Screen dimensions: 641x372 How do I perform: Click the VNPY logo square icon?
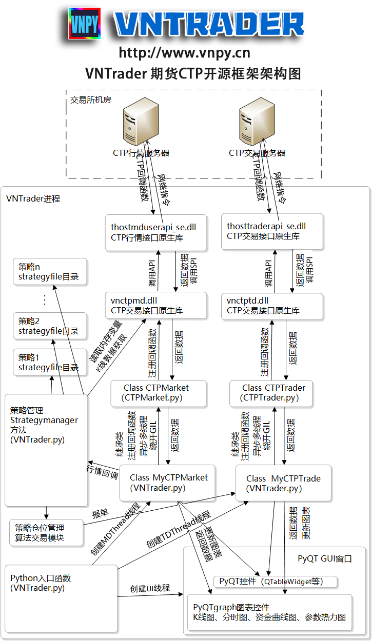pyautogui.click(x=85, y=24)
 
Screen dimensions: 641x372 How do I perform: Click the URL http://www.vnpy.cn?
pyautogui.click(x=185, y=53)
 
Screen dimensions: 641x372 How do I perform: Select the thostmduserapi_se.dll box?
pyautogui.click(x=156, y=232)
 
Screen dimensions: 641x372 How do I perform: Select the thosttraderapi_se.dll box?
pyautogui.click(x=272, y=232)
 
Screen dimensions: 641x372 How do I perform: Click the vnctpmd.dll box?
pyautogui.click(x=156, y=305)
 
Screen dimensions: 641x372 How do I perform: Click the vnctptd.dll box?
pyautogui.click(x=272, y=306)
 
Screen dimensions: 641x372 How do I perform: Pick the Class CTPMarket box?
pyautogui.click(x=159, y=393)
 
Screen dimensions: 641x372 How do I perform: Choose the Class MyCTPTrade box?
pyautogui.click(x=283, y=483)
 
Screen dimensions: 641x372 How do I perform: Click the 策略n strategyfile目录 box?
pyautogui.click(x=50, y=272)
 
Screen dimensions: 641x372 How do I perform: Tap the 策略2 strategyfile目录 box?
pyautogui.click(x=50, y=326)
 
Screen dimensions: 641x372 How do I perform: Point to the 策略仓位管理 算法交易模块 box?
pyautogui.click(x=46, y=533)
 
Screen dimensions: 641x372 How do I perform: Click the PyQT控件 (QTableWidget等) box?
pyautogui.click(x=276, y=582)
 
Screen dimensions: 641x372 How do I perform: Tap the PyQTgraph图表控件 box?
pyautogui.click(x=269, y=612)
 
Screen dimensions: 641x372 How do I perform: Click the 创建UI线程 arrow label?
pyautogui.click(x=150, y=588)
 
